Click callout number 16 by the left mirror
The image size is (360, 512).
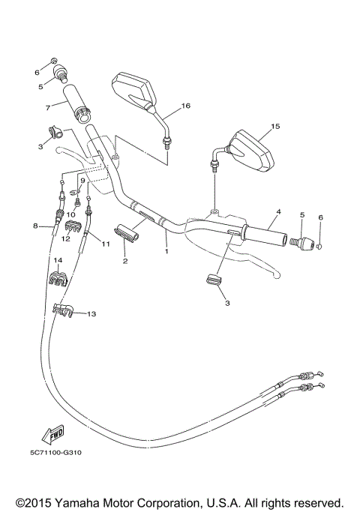186,106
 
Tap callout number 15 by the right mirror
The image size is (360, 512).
275,127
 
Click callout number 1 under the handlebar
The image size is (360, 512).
166,252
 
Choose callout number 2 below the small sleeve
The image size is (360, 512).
125,261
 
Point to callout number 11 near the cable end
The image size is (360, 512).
106,244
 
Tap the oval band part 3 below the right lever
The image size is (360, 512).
214,280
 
